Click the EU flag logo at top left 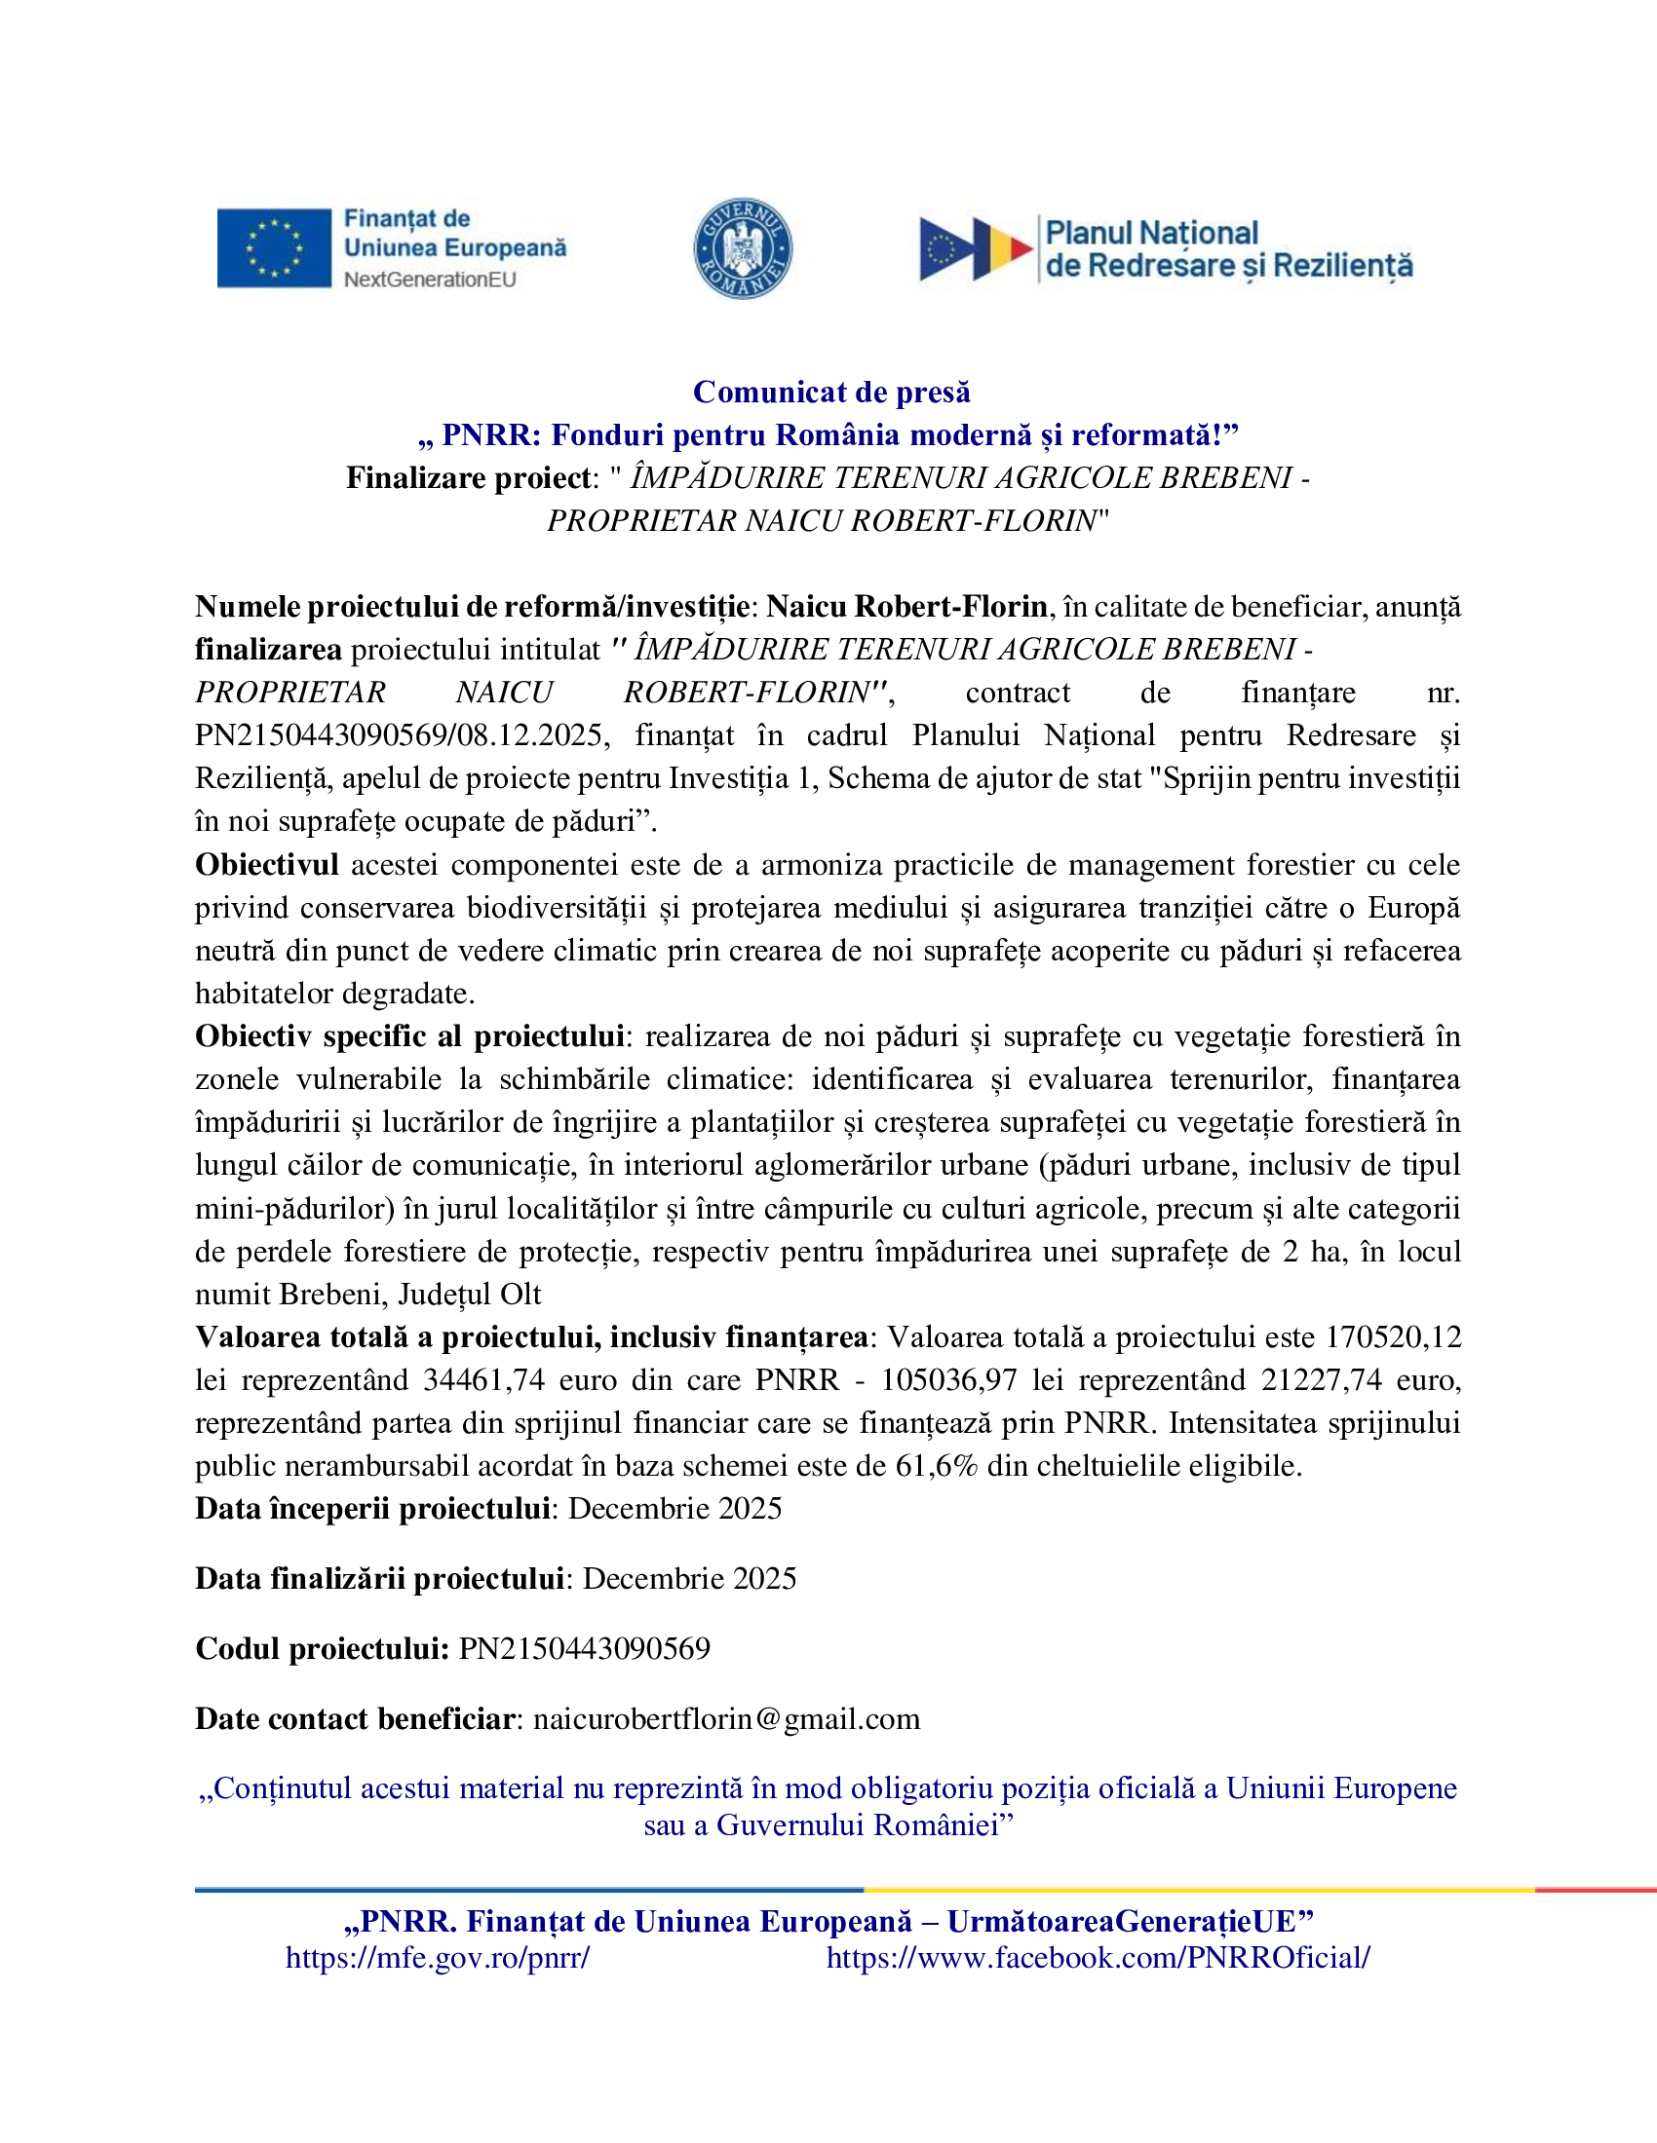tap(274, 248)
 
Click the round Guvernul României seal tap(743, 248)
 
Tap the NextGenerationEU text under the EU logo tap(430, 280)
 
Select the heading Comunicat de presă tap(831, 392)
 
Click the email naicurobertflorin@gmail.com tap(726, 1719)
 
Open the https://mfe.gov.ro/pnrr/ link tap(438, 1958)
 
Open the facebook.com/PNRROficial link tap(1098, 1958)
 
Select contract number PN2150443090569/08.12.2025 tap(403, 734)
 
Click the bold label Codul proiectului tap(322, 1648)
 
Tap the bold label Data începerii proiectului tap(372, 1508)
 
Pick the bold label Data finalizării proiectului tap(379, 1578)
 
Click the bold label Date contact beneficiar tap(355, 1719)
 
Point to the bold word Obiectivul tap(267, 864)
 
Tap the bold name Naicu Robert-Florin tap(906, 607)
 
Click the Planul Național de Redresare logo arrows tap(975, 249)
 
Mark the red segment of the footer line tap(1596, 1890)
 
